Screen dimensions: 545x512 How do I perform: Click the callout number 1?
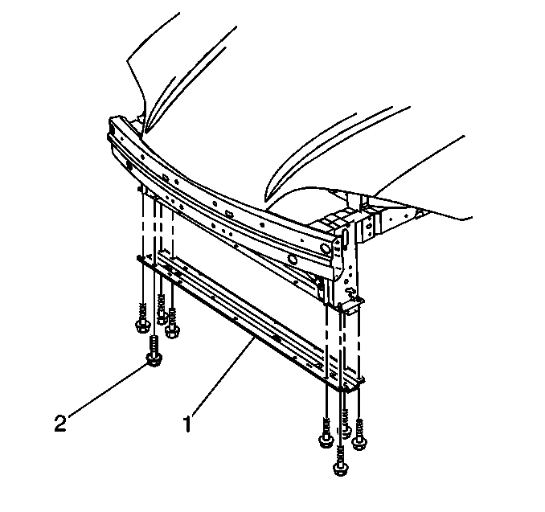pyautogui.click(x=187, y=424)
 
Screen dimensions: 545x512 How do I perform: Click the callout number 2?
pyautogui.click(x=60, y=424)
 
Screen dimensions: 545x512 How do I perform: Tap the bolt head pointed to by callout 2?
pyautogui.click(x=154, y=359)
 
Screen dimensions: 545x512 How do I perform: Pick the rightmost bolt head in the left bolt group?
pyautogui.click(x=172, y=330)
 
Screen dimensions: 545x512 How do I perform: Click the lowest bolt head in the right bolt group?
pyautogui.click(x=341, y=469)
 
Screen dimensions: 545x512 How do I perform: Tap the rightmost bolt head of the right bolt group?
pyautogui.click(x=359, y=443)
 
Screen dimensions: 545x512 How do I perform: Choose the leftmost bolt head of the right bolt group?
pyautogui.click(x=326, y=441)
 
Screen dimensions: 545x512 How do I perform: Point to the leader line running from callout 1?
pyautogui.click(x=222, y=376)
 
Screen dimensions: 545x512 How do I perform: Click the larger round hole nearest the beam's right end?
pyautogui.click(x=326, y=248)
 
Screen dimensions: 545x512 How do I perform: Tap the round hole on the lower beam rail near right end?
pyautogui.click(x=293, y=260)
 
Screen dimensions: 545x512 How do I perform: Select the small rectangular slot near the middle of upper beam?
pyautogui.click(x=228, y=212)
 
